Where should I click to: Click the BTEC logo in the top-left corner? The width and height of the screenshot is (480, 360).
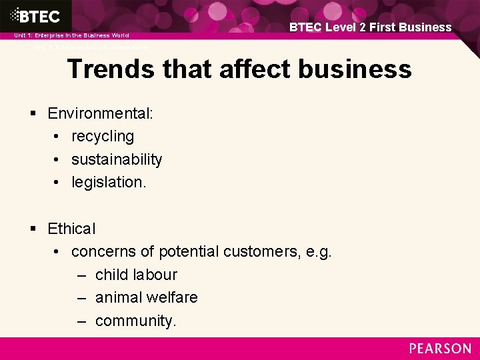(x=34, y=15)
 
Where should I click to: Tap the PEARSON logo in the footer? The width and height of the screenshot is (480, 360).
(x=440, y=349)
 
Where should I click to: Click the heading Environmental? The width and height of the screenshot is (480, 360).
(x=101, y=113)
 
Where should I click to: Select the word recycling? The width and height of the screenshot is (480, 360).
(x=103, y=137)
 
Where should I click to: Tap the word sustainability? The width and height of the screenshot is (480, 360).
(x=117, y=159)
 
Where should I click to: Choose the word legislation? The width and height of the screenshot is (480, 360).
(x=108, y=182)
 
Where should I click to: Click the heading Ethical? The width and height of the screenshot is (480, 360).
(x=71, y=229)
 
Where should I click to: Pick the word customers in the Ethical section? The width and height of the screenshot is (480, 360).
(x=257, y=251)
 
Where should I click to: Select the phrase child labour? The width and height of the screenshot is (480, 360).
(x=136, y=275)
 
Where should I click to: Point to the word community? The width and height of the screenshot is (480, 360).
(x=135, y=321)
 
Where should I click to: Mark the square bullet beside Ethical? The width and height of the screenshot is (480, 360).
(x=33, y=229)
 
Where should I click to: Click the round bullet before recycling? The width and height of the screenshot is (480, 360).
(x=57, y=137)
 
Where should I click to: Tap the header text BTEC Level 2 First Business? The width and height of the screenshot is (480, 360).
(x=370, y=27)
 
